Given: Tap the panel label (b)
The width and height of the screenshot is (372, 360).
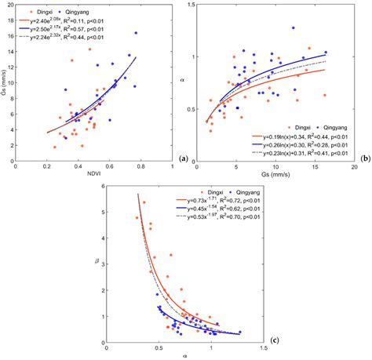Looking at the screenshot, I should coord(366,158).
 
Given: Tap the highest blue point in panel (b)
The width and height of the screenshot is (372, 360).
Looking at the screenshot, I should coord(293,28).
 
